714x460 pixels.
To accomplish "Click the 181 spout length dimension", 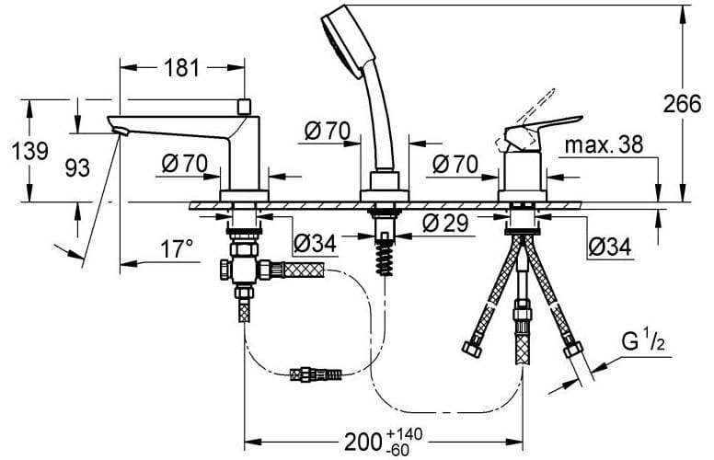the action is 181,68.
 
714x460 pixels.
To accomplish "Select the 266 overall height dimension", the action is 682,104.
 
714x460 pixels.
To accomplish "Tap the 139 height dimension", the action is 30,150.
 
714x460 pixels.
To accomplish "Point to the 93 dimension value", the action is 77,168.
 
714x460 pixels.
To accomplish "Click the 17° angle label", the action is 177,249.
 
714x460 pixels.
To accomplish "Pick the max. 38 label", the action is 604,144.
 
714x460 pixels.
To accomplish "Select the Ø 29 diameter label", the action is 445,224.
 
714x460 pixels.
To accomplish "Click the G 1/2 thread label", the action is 643,341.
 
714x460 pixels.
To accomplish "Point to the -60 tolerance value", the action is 397,451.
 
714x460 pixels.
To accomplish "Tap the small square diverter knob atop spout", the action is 245,107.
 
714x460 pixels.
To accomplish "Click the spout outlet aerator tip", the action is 120,132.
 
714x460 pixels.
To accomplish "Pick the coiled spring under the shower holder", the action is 385,257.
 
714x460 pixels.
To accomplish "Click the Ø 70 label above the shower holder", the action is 328,132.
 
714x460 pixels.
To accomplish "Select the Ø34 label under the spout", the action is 315,244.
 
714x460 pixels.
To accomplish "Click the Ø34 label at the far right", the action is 610,247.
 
